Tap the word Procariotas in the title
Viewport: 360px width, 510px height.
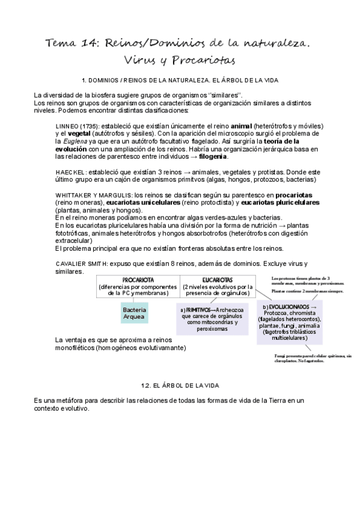[201, 61]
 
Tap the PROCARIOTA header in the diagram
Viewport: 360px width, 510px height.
[138, 280]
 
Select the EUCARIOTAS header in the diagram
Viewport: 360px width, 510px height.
[218, 280]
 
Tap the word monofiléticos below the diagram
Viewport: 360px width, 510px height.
[75, 348]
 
